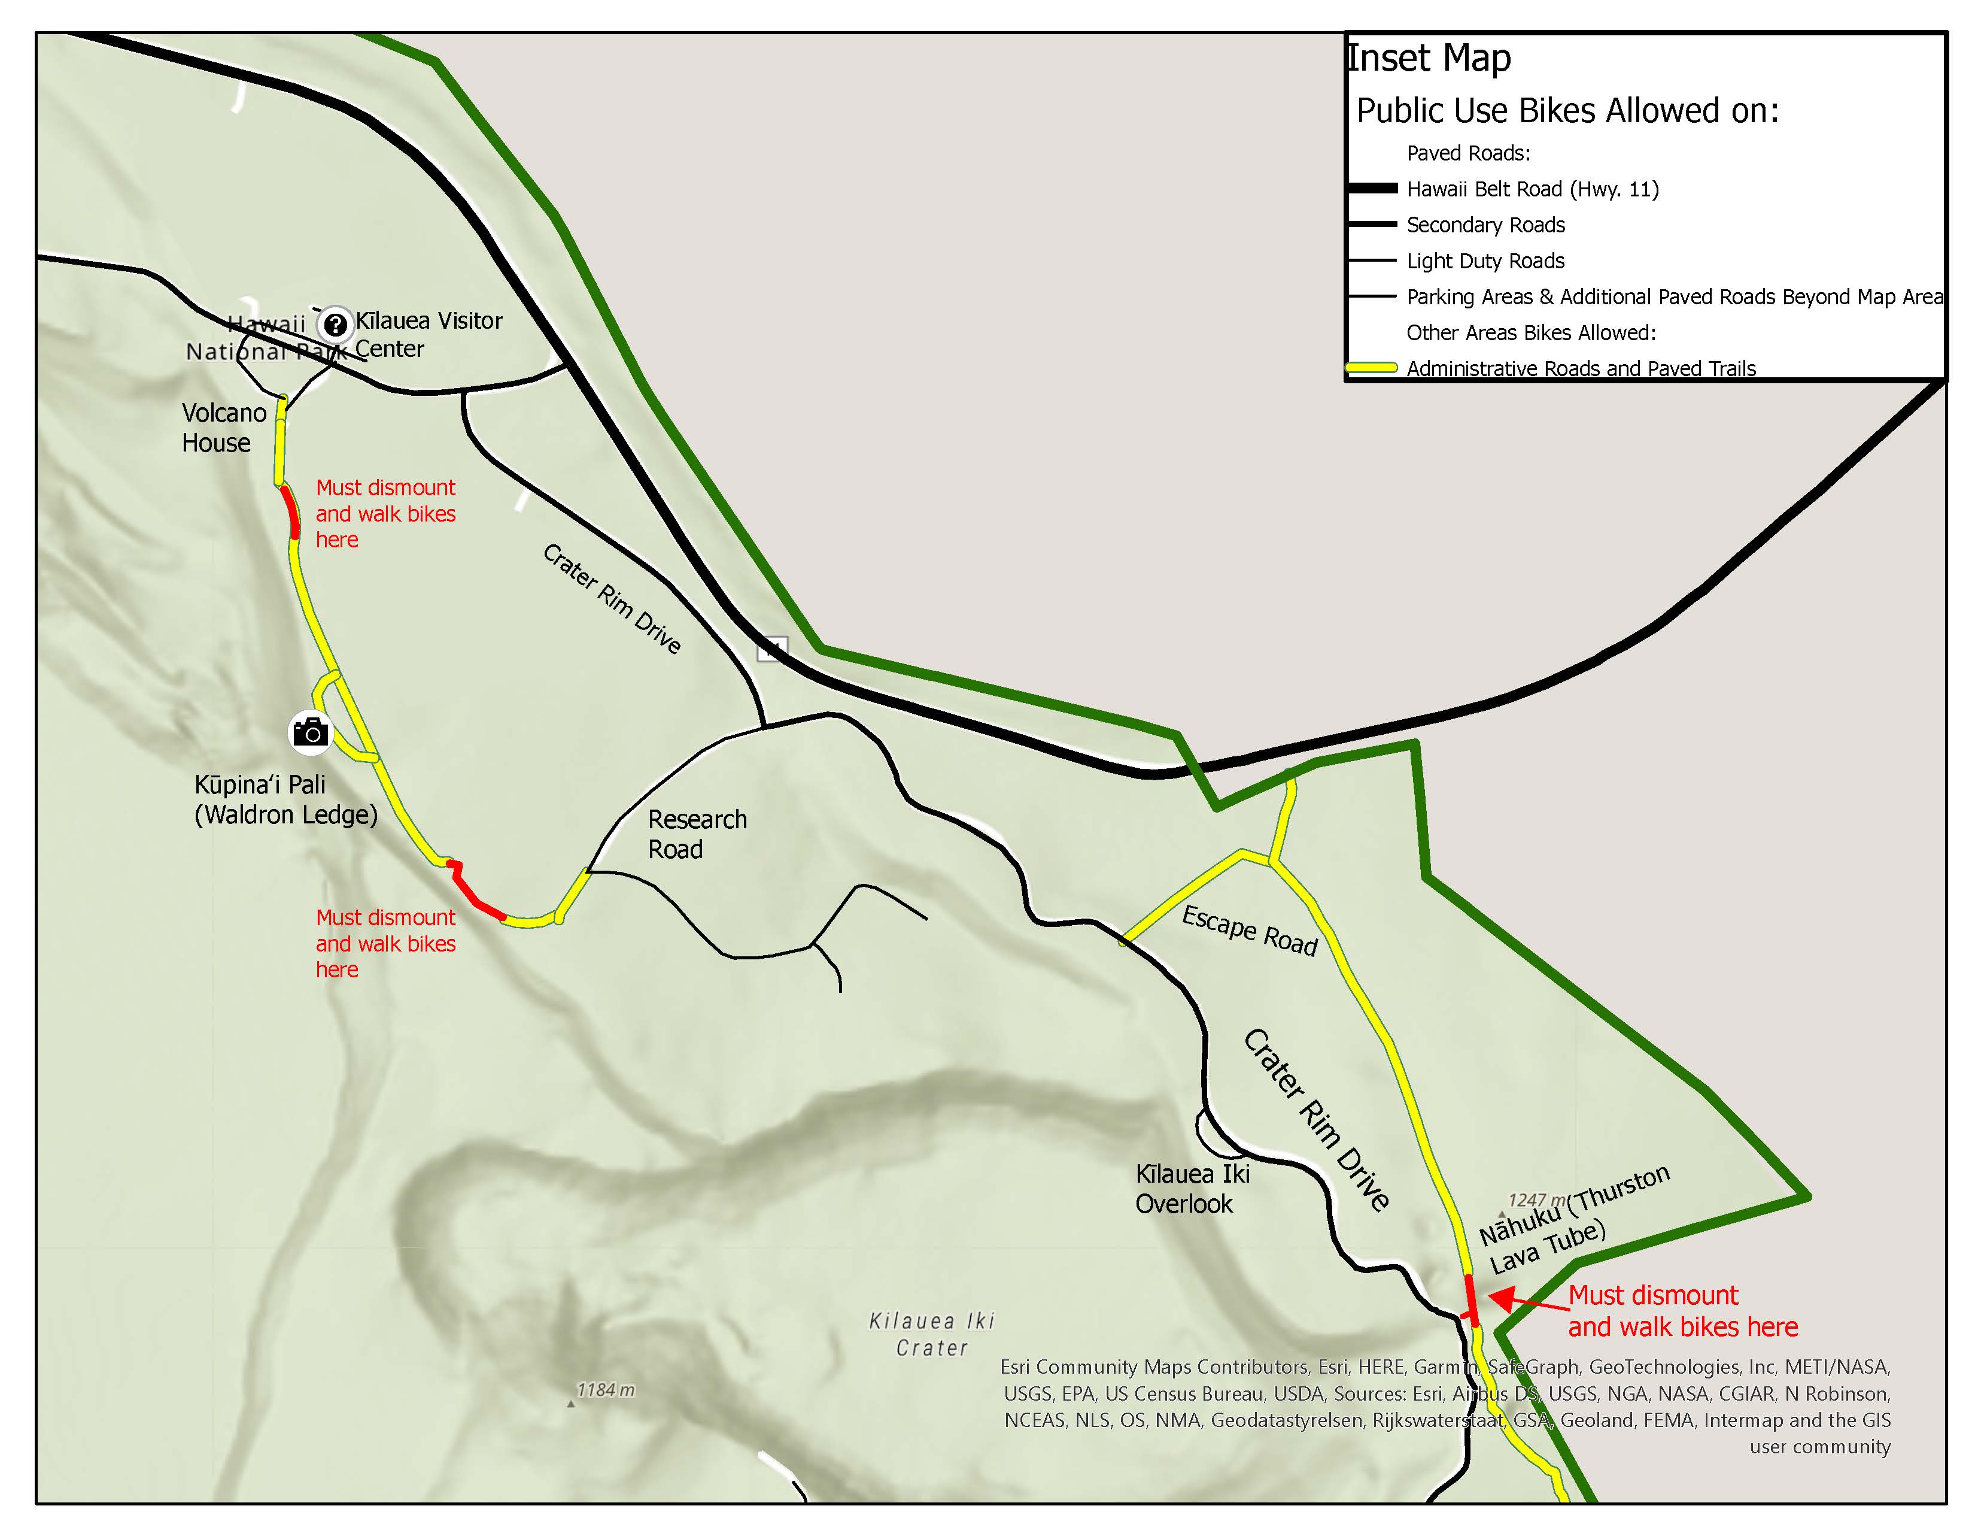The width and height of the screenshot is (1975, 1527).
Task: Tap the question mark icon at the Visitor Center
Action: [x=336, y=324]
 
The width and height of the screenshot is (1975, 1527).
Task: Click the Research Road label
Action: [x=696, y=834]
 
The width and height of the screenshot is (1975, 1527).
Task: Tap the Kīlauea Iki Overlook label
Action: [x=1192, y=1189]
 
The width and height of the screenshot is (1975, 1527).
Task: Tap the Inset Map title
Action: [x=1429, y=58]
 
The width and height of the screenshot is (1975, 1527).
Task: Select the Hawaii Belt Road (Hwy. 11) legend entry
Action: [x=1532, y=189]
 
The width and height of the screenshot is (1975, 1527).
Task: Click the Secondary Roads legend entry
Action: [x=1485, y=225]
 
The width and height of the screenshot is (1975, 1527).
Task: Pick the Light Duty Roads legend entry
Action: [x=1485, y=262]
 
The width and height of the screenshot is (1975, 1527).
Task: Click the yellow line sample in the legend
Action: [x=1372, y=368]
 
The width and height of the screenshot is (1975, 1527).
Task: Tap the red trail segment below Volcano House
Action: [x=290, y=512]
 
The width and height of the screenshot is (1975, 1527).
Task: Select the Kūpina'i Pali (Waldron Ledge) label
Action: [x=285, y=799]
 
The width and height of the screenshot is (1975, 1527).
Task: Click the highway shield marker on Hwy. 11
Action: [x=771, y=648]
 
